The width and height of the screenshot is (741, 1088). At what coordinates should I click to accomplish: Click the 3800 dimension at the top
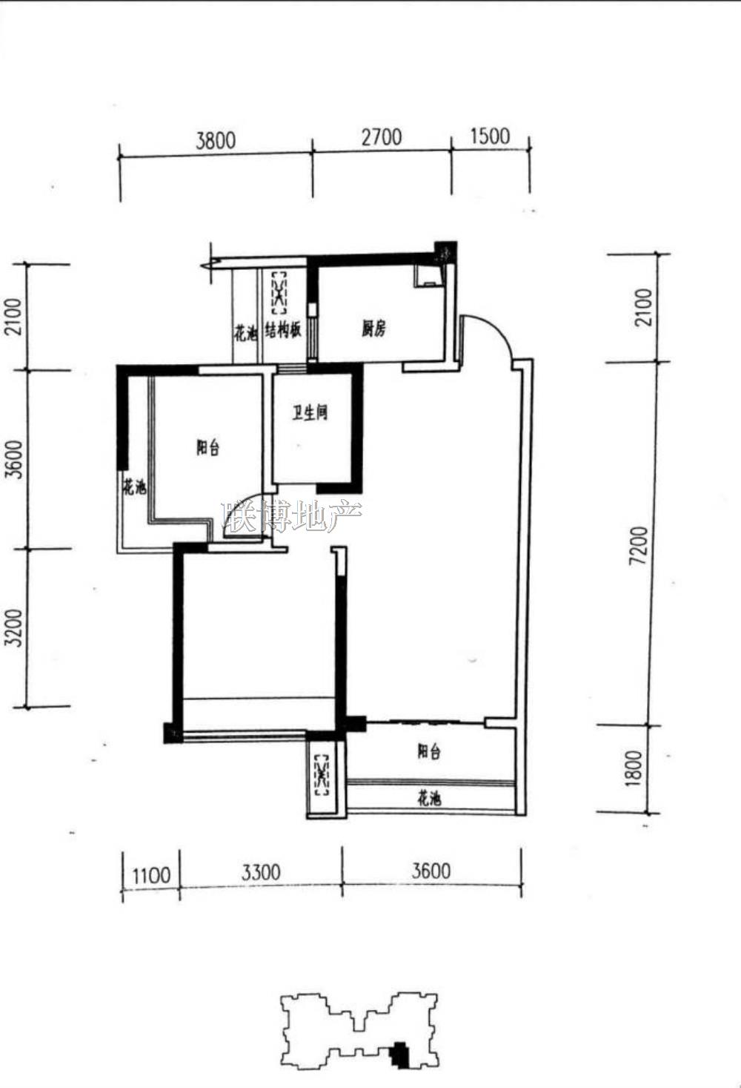pyautogui.click(x=216, y=140)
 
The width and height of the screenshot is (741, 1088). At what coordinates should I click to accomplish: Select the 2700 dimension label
pyautogui.click(x=382, y=137)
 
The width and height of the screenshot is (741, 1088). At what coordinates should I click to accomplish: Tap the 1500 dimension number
pyautogui.click(x=490, y=136)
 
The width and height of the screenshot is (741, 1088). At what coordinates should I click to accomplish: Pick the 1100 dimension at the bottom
pyautogui.click(x=151, y=876)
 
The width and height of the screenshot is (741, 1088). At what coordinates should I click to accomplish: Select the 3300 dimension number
pyautogui.click(x=261, y=872)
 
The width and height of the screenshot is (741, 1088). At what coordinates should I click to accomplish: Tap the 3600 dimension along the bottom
pyautogui.click(x=431, y=871)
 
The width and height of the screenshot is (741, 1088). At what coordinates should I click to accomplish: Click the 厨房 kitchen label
pyautogui.click(x=373, y=329)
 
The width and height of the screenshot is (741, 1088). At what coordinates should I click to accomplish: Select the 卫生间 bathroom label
pyautogui.click(x=310, y=413)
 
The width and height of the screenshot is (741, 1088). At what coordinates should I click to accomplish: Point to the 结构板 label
pyautogui.click(x=283, y=331)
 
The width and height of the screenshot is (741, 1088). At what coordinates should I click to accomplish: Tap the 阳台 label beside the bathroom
pyautogui.click(x=207, y=447)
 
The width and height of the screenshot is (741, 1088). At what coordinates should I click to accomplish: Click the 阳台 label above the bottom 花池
pyautogui.click(x=429, y=752)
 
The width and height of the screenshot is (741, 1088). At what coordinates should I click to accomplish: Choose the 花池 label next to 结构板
pyautogui.click(x=245, y=334)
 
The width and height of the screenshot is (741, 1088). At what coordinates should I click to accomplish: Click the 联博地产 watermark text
pyautogui.click(x=292, y=516)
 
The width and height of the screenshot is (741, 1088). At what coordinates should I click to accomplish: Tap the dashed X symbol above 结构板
pyautogui.click(x=279, y=292)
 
